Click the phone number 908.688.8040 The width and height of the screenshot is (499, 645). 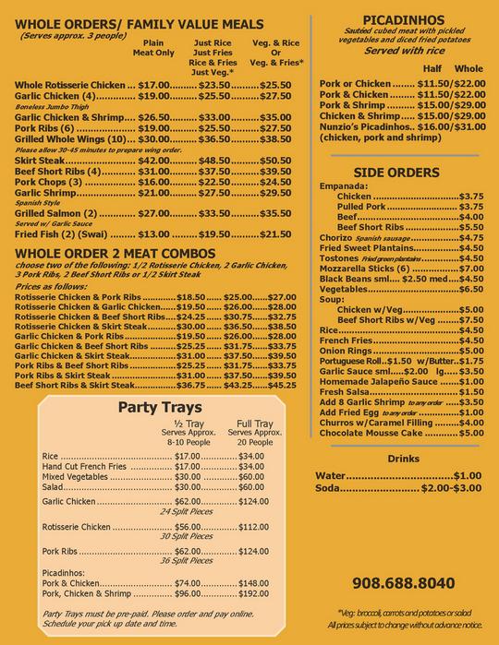[404, 583]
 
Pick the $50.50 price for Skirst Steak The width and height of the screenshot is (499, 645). [274, 161]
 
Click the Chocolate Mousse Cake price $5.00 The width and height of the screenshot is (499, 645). [471, 432]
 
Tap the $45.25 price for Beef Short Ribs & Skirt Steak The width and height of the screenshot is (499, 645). [282, 384]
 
